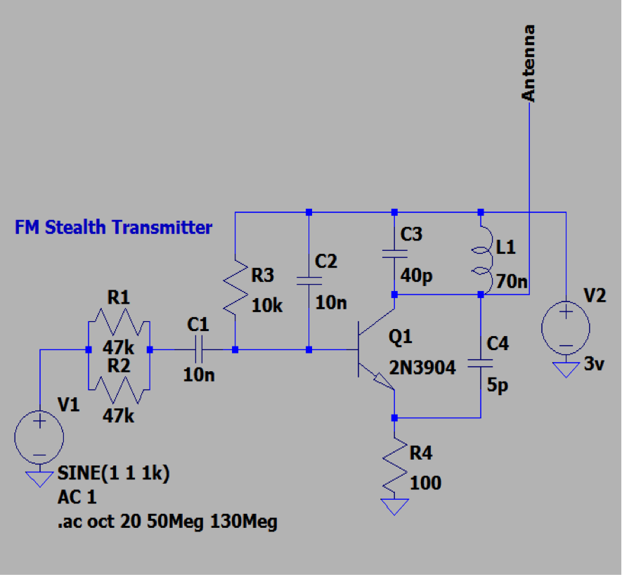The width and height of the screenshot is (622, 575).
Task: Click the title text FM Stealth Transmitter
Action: pyautogui.click(x=113, y=228)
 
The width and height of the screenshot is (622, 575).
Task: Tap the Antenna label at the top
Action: pyautogui.click(x=529, y=63)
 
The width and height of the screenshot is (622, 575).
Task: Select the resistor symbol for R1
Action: pyautogui.click(x=118, y=326)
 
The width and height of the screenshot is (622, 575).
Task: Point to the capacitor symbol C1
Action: pyautogui.click(x=199, y=349)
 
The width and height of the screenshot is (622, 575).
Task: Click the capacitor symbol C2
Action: pyautogui.click(x=309, y=280)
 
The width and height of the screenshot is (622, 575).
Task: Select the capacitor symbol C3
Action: pyautogui.click(x=394, y=253)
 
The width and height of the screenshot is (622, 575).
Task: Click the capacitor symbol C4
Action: pyautogui.click(x=481, y=364)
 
